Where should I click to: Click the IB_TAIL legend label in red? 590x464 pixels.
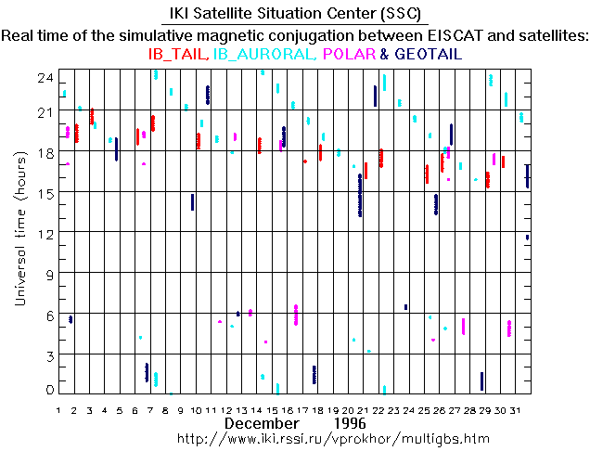(x=178, y=55)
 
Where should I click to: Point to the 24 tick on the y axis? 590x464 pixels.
(x=44, y=79)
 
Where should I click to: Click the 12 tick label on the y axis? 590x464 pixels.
(x=44, y=232)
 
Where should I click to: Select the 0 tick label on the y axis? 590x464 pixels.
(x=48, y=390)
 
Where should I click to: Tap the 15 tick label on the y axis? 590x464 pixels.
(x=44, y=192)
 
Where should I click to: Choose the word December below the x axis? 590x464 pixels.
(x=261, y=422)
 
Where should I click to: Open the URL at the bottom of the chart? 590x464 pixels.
(x=332, y=437)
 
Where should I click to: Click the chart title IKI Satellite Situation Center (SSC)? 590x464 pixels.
(x=294, y=15)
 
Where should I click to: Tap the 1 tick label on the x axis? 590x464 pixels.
(x=58, y=409)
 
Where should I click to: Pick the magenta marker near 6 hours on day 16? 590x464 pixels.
(x=296, y=315)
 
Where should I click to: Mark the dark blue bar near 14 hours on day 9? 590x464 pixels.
(x=192, y=202)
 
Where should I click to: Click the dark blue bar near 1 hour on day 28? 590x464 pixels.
(x=482, y=381)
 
